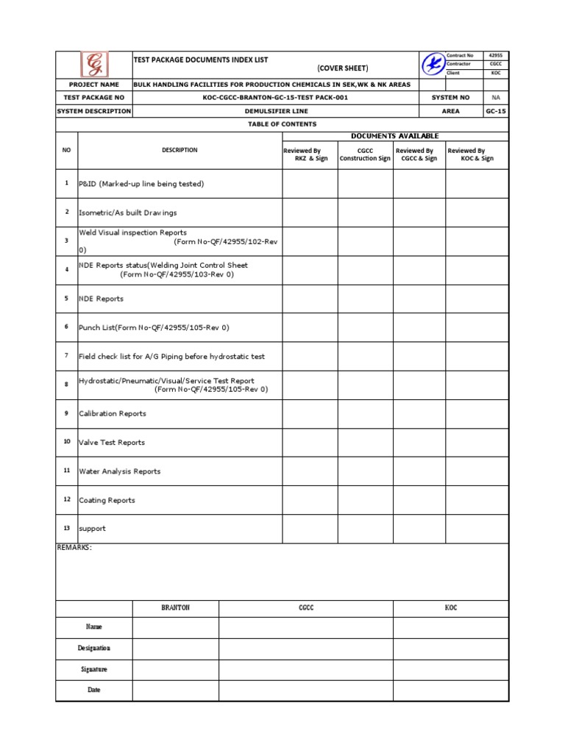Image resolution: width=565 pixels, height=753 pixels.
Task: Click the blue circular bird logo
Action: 433,65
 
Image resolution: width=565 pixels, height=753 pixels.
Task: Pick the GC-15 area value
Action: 495,111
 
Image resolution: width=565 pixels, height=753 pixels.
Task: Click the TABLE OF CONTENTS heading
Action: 282,124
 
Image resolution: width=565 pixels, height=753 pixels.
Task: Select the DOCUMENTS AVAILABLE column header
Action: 394,136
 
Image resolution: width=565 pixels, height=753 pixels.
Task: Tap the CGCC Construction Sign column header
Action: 365,154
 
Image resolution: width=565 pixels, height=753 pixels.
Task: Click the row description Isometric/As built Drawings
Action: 128,213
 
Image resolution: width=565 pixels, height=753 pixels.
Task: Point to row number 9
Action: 66,413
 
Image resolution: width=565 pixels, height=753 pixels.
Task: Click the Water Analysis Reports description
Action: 119,471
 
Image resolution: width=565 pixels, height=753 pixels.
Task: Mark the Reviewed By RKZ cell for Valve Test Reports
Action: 310,442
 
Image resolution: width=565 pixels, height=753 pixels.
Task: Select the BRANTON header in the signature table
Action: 175,608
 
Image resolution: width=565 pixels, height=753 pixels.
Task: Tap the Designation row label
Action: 94,648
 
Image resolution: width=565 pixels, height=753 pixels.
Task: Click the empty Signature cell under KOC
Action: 450,669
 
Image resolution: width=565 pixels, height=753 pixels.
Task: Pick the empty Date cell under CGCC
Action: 306,690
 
